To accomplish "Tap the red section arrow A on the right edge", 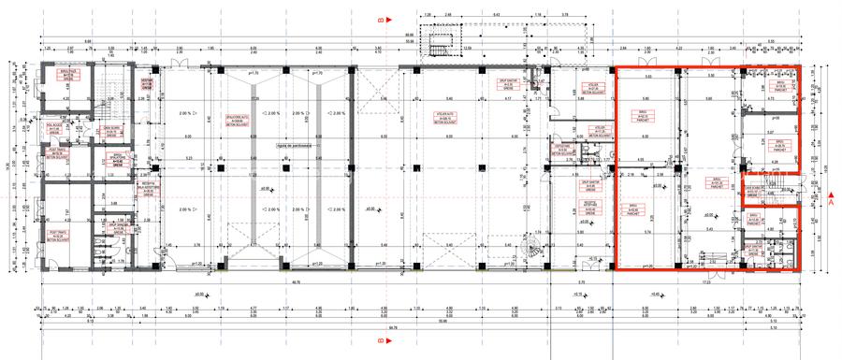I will click(831, 199).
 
